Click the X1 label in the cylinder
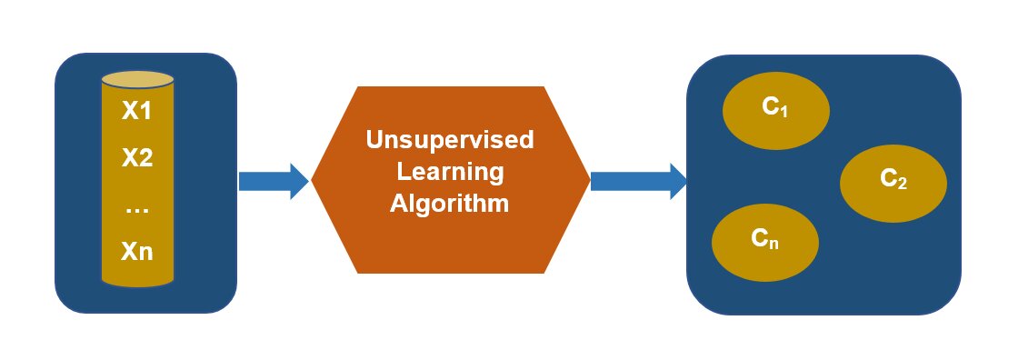136,113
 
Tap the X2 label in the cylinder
136,158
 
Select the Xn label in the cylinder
136,251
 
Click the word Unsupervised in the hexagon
449,140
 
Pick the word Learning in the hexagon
449,171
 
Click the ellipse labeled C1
775,110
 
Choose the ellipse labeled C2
893,182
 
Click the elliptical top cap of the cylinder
136,79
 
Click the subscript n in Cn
773,244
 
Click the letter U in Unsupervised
373,140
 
